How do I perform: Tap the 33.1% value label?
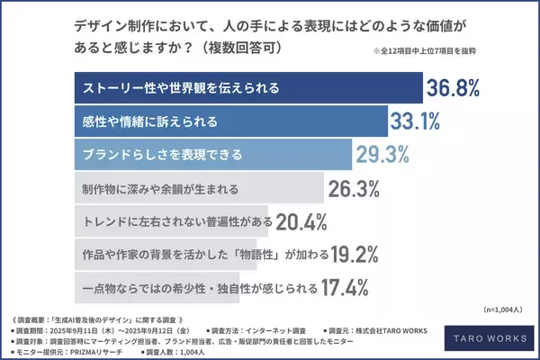pyautogui.click(x=417, y=121)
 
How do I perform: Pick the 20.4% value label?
pyautogui.click(x=301, y=220)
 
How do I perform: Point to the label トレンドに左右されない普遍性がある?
pyautogui.click(x=173, y=221)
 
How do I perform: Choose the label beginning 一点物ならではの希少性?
pyautogui.click(x=197, y=288)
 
